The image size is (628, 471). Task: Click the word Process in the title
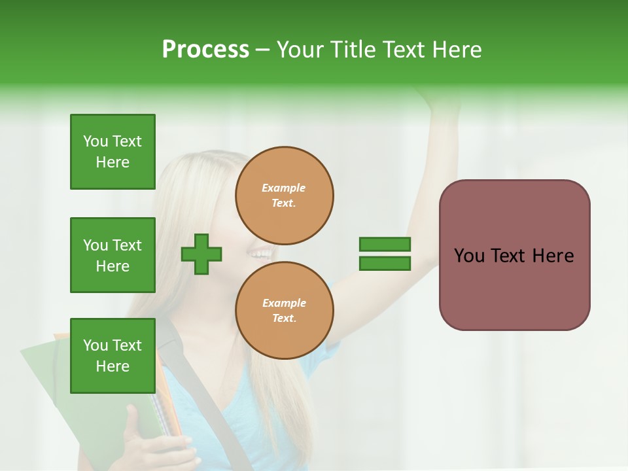tap(205, 50)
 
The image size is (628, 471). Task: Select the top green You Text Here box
tap(113, 152)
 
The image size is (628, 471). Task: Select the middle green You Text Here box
tap(113, 255)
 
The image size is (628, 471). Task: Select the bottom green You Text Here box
tap(113, 356)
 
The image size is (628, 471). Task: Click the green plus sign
tap(201, 254)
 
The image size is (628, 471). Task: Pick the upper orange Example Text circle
tap(285, 196)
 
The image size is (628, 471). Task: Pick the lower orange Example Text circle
tap(285, 311)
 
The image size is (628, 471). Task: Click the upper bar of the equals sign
tap(385, 245)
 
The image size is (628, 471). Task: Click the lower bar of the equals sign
tap(385, 264)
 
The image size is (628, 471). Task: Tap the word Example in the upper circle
tap(284, 188)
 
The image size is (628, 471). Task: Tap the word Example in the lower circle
tap(284, 303)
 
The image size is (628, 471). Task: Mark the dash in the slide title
tap(262, 50)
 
